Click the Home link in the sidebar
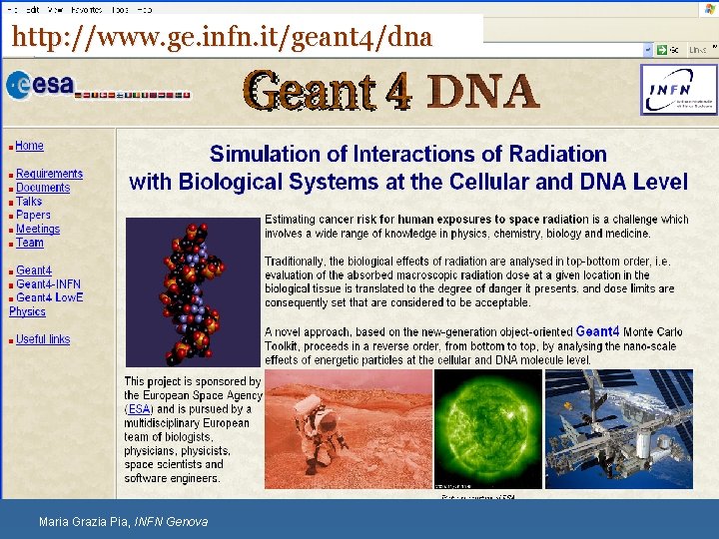point(29,146)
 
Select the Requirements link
point(49,174)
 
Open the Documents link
point(43,188)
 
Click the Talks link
point(29,202)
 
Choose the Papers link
point(33,215)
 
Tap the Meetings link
point(38,229)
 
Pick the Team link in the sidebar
point(30,243)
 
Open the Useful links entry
point(43,339)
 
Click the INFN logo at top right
point(678,90)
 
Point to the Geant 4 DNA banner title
point(391,92)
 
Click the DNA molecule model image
point(192,291)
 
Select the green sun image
point(488,429)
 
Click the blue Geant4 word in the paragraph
point(597,331)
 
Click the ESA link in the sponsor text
point(139,409)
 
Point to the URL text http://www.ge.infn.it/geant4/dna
point(222,38)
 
